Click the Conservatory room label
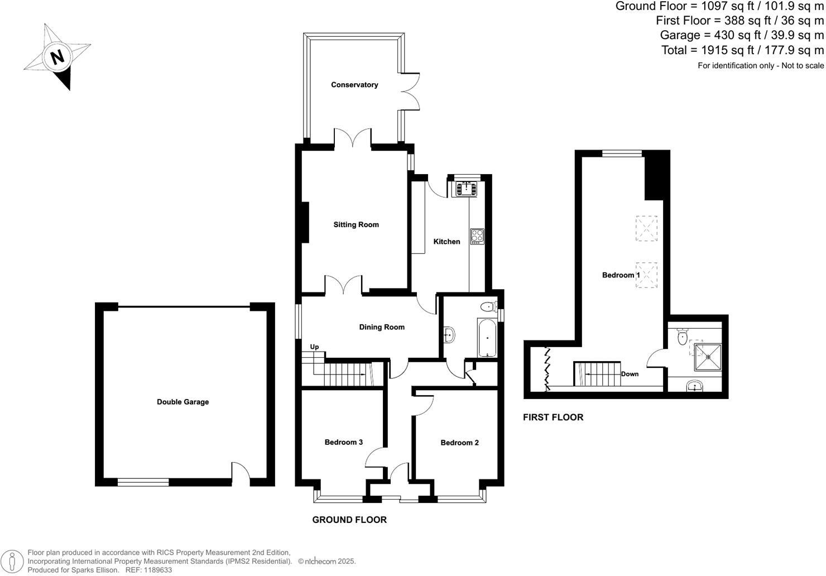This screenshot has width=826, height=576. [354, 85]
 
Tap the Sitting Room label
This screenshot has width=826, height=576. [356, 225]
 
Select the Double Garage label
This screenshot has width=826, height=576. [183, 402]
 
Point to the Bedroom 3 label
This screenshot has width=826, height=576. [344, 443]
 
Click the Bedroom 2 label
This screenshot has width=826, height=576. [459, 443]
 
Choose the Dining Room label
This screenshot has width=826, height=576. [382, 328]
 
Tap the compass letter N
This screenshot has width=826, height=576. [56, 57]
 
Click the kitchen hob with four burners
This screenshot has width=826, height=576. [477, 236]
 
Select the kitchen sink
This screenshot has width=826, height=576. [465, 189]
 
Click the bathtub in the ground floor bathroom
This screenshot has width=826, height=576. [487, 338]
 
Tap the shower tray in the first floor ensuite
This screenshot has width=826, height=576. [708, 358]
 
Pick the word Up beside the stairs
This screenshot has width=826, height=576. [314, 347]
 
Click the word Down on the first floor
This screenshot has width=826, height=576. [630, 374]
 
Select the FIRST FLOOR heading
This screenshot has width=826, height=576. [553, 417]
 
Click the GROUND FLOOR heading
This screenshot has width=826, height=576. [349, 520]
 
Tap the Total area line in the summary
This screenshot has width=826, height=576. [742, 50]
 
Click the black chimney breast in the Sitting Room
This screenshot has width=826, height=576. [305, 222]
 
